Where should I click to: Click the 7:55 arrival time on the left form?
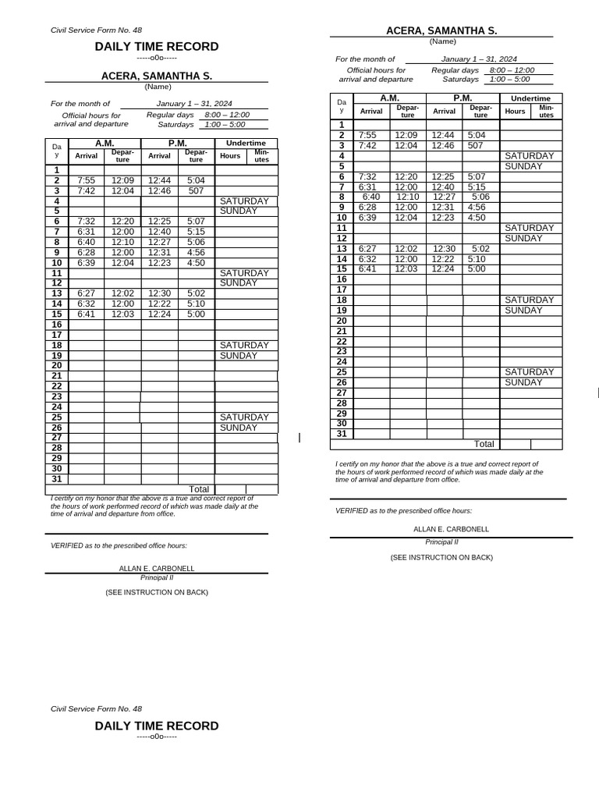click(x=86, y=180)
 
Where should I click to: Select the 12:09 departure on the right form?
click(x=406, y=135)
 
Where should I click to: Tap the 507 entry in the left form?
click(x=197, y=190)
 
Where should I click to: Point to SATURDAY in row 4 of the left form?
click(x=244, y=201)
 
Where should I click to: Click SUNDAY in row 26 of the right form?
click(x=523, y=382)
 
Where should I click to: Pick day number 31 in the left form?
click(x=56, y=479)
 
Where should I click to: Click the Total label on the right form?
click(x=484, y=444)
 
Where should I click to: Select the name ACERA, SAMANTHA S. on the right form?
click(x=441, y=30)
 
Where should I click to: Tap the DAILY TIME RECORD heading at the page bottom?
click(x=157, y=726)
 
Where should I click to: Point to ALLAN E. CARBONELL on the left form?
click(x=157, y=569)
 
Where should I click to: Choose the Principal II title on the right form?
click(x=441, y=541)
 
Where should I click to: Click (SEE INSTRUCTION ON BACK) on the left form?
click(x=157, y=592)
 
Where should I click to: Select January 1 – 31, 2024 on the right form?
click(x=479, y=59)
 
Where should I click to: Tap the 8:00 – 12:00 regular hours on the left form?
click(x=227, y=115)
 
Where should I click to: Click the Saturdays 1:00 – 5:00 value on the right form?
click(x=509, y=79)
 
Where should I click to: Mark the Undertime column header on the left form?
click(x=246, y=143)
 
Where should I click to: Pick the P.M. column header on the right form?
click(x=463, y=98)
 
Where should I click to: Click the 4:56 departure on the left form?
click(x=197, y=252)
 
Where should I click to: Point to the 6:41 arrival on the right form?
click(x=367, y=268)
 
